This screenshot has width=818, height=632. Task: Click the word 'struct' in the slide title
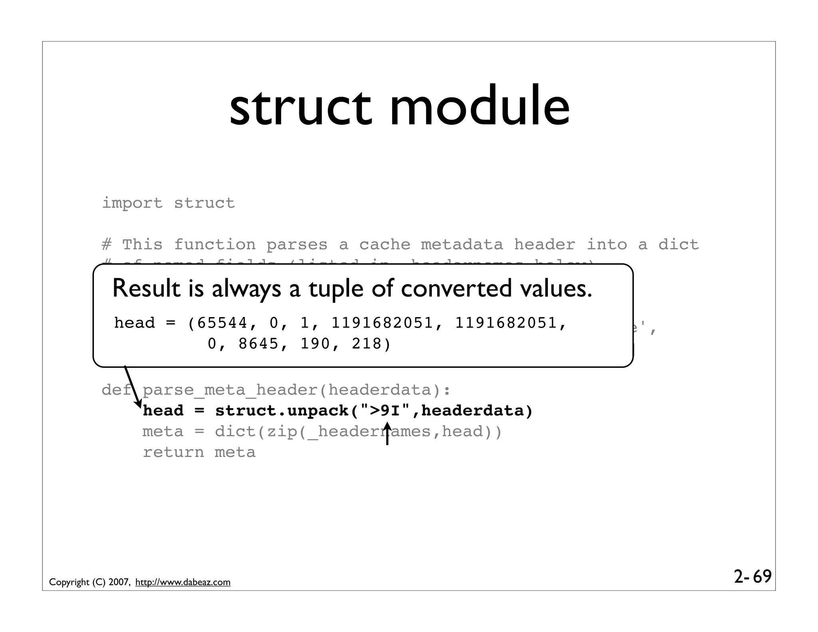coord(301,107)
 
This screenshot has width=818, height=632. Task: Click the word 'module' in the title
coord(480,107)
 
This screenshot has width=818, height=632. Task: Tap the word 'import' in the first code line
coord(133,203)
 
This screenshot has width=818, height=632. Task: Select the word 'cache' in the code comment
coord(385,244)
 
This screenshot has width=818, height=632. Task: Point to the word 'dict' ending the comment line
coord(679,244)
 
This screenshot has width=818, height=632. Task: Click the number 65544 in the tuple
coord(222,323)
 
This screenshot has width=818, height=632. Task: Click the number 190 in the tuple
coord(315,344)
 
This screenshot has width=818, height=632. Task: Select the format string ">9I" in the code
coord(385,411)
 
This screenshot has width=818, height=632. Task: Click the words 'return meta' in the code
coord(199,452)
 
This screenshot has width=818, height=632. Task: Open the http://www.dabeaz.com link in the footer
coord(183,582)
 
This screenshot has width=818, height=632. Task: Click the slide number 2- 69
coord(752,576)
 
